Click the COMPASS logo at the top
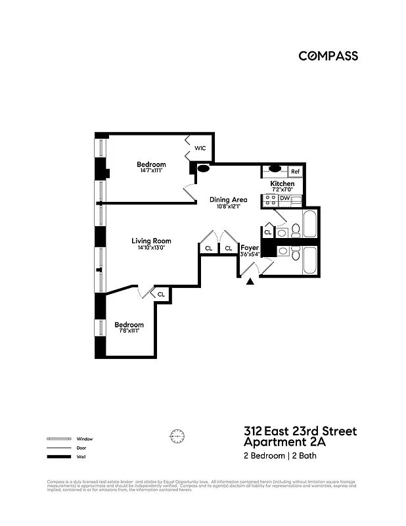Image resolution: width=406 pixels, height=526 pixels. click(328, 56)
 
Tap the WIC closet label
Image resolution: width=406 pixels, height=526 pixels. click(200, 149)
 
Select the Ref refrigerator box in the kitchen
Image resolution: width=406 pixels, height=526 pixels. click(295, 172)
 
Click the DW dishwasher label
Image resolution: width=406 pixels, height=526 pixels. click(284, 198)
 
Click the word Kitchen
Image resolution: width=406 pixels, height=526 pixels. click(282, 183)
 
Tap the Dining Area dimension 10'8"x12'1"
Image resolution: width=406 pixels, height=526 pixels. click(229, 206)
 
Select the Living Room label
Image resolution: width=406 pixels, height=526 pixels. click(151, 241)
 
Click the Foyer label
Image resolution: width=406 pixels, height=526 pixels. click(250, 248)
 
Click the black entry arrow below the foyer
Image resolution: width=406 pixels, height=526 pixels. click(250, 282)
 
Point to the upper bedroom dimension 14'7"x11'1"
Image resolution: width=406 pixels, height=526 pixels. click(151, 171)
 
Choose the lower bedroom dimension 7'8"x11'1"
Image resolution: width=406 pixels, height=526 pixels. click(129, 331)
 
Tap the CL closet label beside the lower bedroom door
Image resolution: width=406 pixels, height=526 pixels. click(161, 294)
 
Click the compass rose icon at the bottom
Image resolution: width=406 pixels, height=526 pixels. click(177, 435)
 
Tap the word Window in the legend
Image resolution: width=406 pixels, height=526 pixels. click(84, 439)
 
